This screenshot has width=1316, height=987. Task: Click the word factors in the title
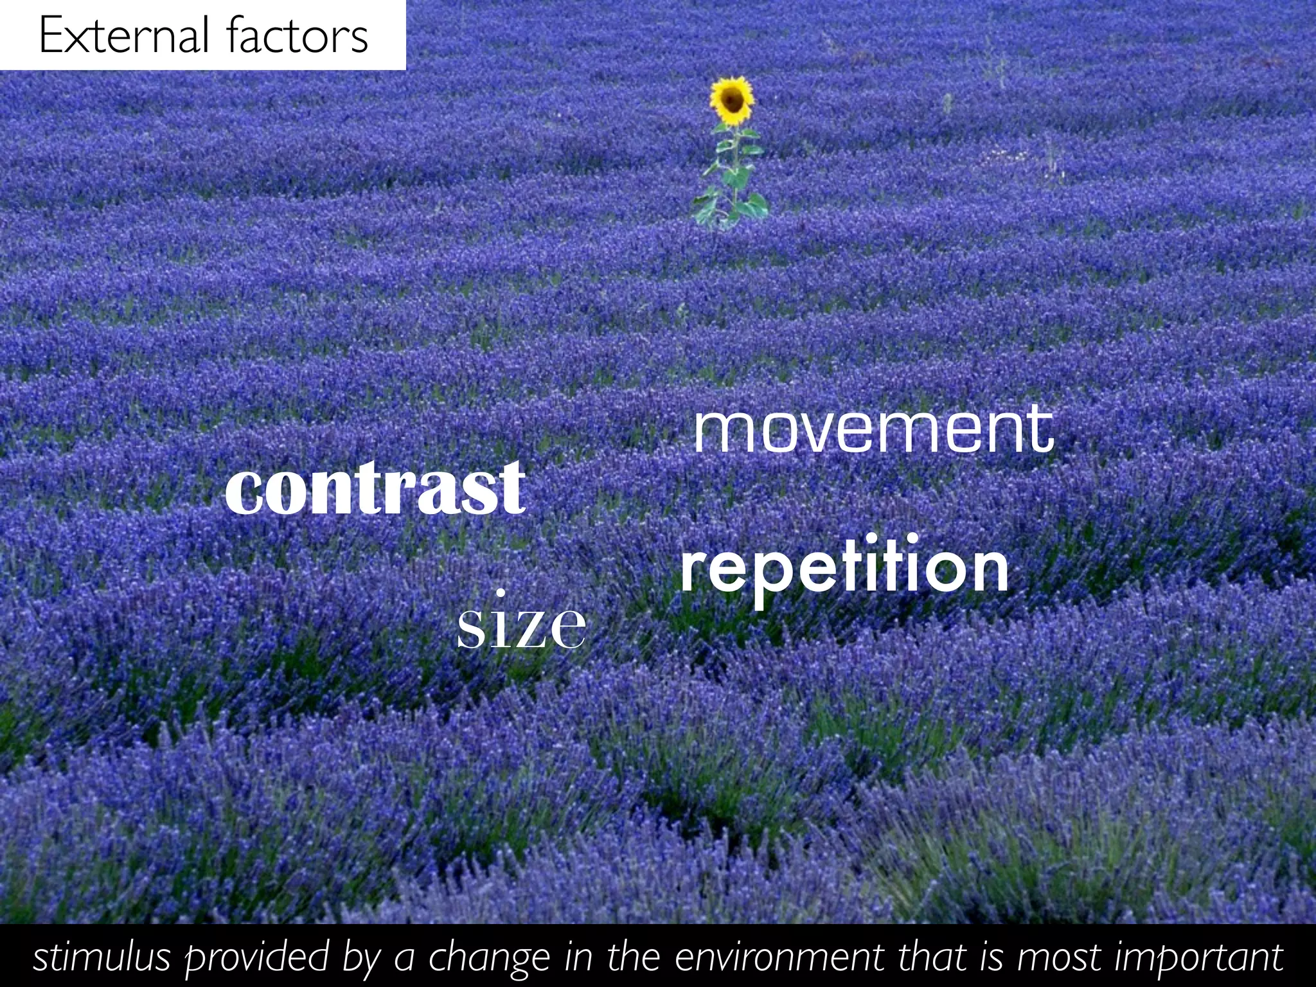[297, 35]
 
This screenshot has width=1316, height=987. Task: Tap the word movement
[873, 429]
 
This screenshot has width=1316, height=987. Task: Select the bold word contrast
[375, 488]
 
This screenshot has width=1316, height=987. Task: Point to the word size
[521, 627]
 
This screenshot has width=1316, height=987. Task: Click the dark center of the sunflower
[731, 99]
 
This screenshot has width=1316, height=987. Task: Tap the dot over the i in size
[502, 592]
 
